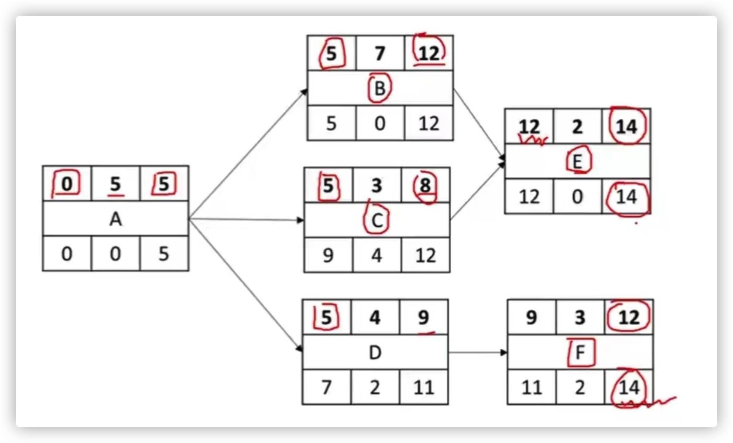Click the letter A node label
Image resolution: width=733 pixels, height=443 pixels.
coord(116,219)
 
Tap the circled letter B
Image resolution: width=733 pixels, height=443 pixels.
coord(380,88)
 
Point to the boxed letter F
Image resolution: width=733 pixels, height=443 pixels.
coord(580,352)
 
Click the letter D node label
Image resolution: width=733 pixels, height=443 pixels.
coord(375,352)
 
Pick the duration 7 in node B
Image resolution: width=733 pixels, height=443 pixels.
coord(380,54)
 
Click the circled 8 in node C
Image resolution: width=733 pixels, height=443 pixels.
coord(425,186)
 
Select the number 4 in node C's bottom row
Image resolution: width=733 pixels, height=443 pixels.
coord(377,256)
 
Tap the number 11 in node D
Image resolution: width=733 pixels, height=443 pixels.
coord(424,388)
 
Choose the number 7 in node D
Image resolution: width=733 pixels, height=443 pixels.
coord(326,388)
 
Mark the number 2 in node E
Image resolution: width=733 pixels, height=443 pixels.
coord(578,127)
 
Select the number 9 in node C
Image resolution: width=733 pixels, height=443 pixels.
coord(328,256)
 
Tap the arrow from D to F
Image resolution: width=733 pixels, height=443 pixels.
coord(478,352)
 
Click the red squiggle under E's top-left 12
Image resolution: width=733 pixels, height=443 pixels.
coord(532,140)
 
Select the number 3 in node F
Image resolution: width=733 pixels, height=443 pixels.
coord(580,317)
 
